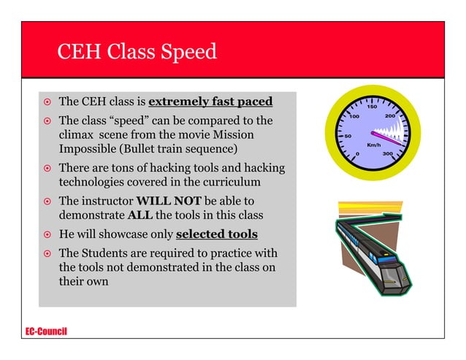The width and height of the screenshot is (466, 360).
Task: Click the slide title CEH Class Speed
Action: (137, 53)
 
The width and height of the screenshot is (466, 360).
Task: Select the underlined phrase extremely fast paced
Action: (210, 101)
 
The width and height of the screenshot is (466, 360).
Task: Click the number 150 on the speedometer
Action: (372, 107)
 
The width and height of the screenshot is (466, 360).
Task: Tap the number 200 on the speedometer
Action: (390, 117)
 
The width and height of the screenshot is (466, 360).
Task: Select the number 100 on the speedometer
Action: (354, 117)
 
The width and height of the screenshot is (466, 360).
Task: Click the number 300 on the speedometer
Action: (388, 154)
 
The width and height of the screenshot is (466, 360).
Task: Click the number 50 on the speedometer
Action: (348, 136)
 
